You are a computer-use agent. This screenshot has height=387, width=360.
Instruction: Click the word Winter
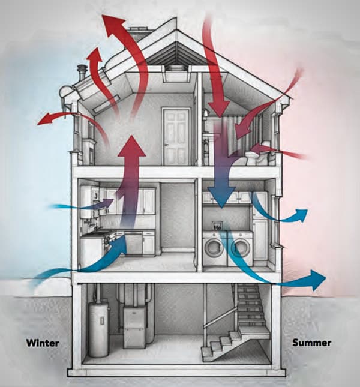point(43,343)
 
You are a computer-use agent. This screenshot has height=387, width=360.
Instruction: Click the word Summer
point(311,343)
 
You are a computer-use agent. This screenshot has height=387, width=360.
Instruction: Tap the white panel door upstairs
point(176,136)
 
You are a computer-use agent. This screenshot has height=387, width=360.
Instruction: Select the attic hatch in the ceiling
point(176,74)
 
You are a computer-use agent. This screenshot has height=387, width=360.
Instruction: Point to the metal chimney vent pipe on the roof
point(81,73)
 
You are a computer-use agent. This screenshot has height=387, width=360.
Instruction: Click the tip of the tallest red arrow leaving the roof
point(103,15)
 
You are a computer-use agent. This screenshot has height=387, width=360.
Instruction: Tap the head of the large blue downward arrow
point(221,196)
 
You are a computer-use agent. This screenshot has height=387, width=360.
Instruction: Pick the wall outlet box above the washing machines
point(217,226)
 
